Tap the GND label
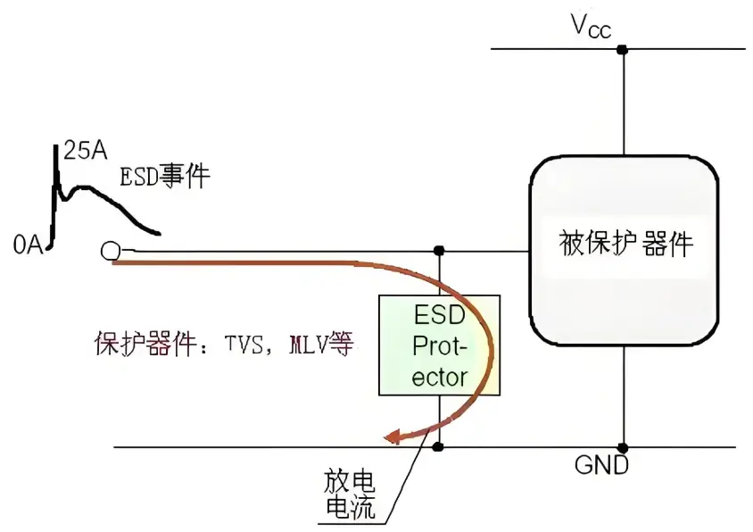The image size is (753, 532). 600,465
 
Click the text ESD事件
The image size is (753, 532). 165,177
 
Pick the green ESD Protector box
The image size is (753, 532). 439,345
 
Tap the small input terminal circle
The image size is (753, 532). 111,252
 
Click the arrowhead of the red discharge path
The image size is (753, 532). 390,436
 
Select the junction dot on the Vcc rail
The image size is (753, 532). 623,49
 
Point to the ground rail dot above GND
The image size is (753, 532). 623,446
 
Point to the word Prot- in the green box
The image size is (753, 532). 440,345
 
